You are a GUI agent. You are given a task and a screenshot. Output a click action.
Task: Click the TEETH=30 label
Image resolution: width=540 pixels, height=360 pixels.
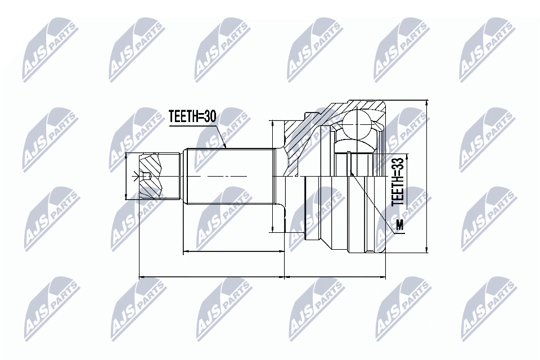point(192,116)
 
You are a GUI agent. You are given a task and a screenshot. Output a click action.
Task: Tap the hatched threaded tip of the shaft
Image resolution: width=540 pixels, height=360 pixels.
point(151,176)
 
